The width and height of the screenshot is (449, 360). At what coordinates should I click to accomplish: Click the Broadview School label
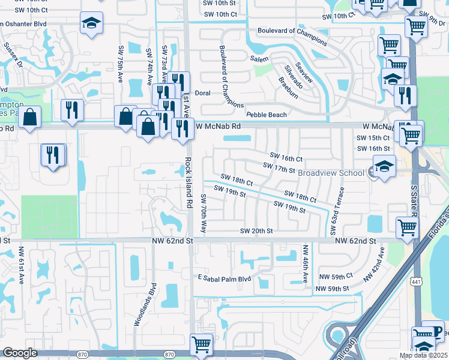(331, 173)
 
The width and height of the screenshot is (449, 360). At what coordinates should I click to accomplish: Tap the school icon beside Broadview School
(384, 166)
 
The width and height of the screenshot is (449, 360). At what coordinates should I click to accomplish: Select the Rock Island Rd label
(188, 182)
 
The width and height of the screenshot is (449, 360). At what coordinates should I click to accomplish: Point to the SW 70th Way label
(204, 214)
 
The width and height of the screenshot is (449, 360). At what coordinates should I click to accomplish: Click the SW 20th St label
(256, 231)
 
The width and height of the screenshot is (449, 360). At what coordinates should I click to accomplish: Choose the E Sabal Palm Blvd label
(224, 278)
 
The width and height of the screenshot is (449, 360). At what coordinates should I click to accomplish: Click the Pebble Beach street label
(267, 115)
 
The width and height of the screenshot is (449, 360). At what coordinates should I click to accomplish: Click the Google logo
(20, 353)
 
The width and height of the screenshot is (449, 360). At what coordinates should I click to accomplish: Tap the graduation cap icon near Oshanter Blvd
(91, 23)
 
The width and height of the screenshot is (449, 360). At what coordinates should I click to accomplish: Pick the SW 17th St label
(279, 168)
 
